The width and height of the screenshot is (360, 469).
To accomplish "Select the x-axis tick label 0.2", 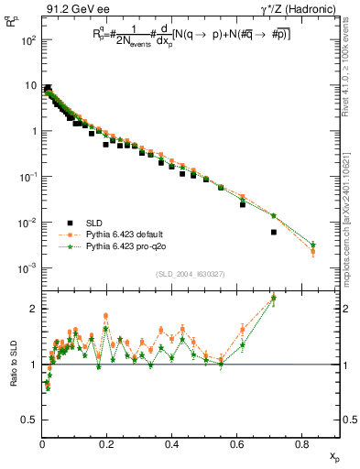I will point(109,445).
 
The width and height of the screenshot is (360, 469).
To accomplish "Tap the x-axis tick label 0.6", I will point(240,445).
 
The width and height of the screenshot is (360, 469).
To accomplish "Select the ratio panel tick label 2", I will point(34,309).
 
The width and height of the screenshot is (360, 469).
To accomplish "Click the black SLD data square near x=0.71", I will point(274,233).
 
